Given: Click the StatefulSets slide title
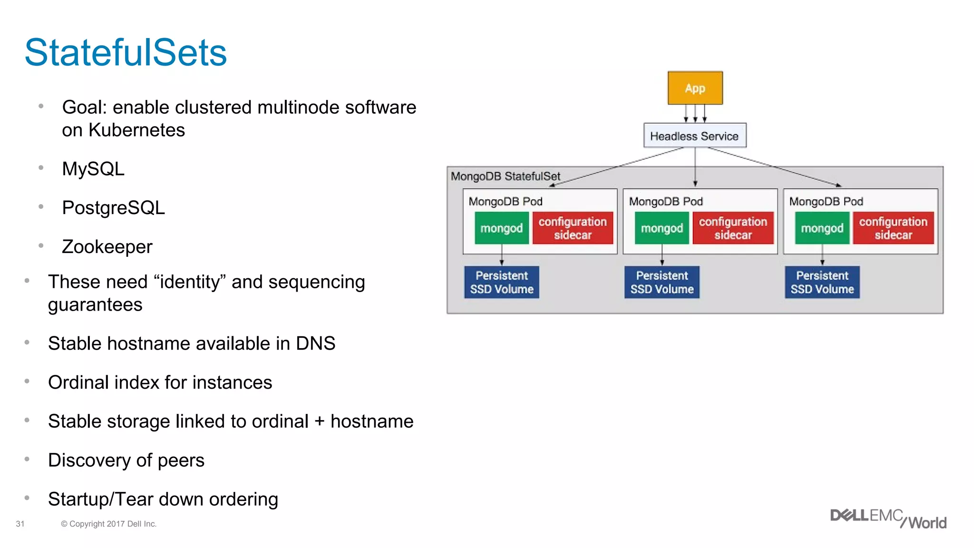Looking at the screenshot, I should [126, 52].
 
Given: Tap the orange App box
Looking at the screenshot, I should [695, 88].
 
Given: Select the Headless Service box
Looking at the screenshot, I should [694, 136].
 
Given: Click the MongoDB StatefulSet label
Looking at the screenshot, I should [505, 176].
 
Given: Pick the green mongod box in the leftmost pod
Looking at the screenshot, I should [501, 228].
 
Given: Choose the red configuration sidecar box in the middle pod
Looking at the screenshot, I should [732, 228].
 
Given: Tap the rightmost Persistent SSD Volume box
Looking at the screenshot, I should [822, 282].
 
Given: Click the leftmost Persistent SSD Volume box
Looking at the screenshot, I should [501, 282].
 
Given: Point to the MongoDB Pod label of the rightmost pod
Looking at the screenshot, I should [826, 201].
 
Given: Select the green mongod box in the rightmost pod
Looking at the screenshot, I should [822, 228].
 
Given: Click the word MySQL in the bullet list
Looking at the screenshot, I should [93, 169].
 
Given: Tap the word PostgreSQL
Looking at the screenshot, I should [113, 208].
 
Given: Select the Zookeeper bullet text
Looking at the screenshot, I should [107, 247].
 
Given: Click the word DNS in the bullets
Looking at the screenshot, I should [315, 343].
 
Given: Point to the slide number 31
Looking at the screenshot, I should [20, 524].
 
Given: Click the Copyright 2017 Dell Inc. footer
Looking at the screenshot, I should [108, 524].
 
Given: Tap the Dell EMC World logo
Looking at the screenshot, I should [888, 519].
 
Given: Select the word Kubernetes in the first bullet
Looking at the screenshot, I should [136, 130].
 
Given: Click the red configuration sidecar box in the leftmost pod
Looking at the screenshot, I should [572, 228].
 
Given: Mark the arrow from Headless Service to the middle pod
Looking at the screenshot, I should [695, 166].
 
